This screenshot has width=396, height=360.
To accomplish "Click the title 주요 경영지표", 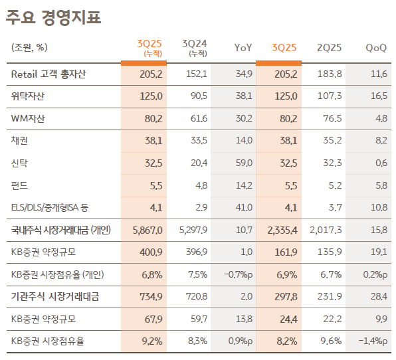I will coord(54,17).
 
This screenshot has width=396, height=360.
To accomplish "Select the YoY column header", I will coord(243,48).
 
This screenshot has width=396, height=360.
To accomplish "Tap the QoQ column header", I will coord(377,48).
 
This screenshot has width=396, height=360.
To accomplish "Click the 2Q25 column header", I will coord(330,48).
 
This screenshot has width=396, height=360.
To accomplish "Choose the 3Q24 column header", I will coord(195,46).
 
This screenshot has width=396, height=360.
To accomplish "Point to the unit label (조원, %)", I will coord(29,47).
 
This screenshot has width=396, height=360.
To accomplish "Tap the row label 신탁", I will coord(20,163).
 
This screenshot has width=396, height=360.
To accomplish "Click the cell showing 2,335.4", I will coord(282,230).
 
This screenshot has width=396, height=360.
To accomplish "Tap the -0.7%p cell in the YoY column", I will coord(239,274).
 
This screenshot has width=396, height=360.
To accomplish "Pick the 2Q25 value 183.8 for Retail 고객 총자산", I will coord(330,74).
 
